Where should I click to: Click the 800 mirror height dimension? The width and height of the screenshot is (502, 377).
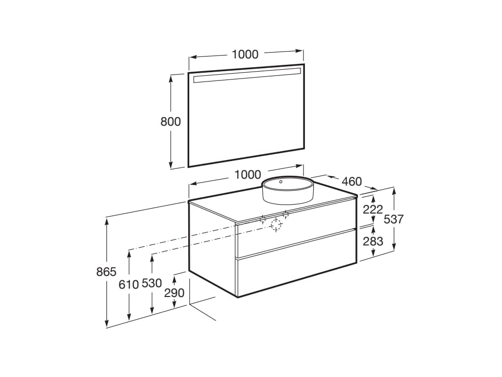point(171,122)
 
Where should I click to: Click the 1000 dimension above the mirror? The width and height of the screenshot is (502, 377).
point(245,54)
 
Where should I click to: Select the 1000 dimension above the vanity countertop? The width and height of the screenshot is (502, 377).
point(248,174)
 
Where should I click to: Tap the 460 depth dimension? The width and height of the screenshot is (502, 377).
point(351,182)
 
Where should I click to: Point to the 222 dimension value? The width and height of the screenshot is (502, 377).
point(373,209)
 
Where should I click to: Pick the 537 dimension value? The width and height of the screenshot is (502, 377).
point(394,219)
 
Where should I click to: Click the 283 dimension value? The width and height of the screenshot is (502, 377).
point(373,241)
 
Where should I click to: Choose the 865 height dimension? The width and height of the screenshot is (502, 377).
point(106,272)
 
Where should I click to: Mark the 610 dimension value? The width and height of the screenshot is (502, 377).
point(128,284)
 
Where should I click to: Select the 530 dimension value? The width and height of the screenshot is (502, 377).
point(151,283)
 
